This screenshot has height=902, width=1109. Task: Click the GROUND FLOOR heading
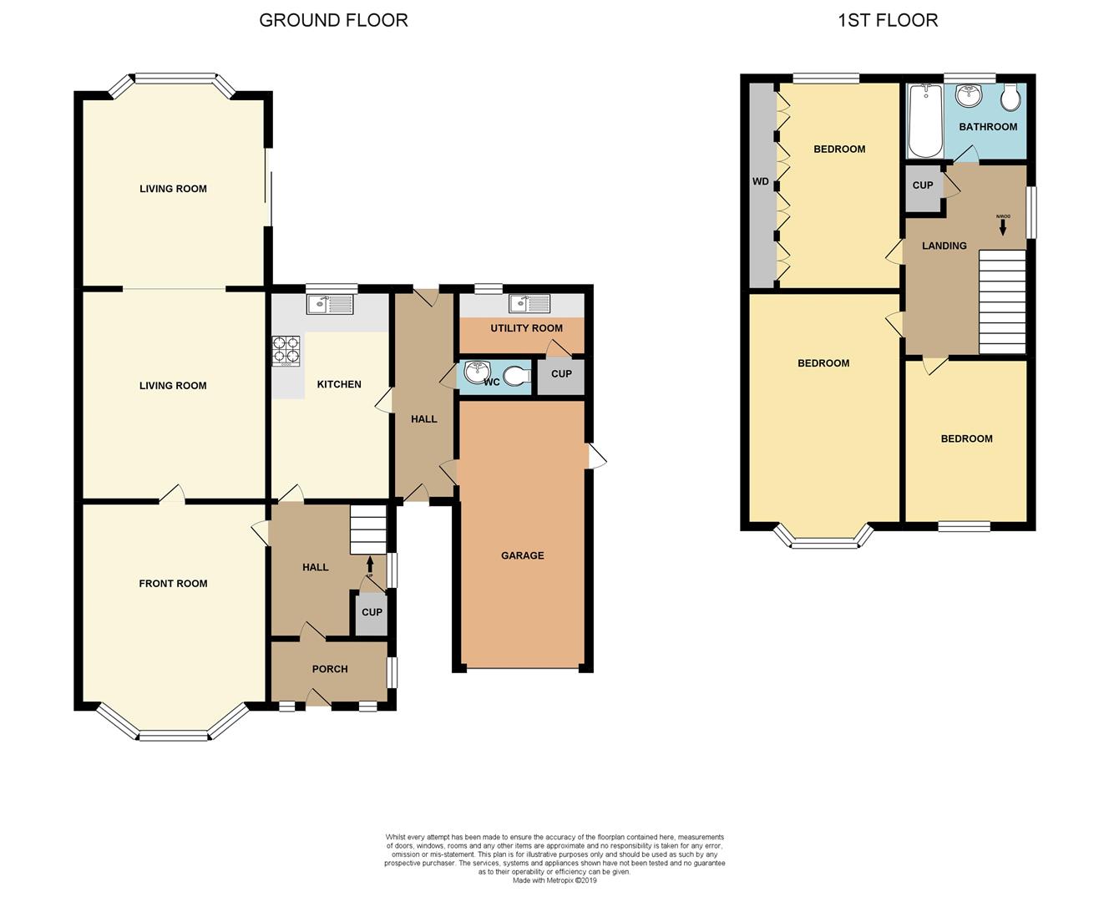pos(333,20)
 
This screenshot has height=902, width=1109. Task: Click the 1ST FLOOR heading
pos(887,20)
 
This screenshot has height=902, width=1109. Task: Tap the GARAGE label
pos(522,555)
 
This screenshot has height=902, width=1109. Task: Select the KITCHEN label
pos(339,384)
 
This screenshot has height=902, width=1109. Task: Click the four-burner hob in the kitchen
pos(286,351)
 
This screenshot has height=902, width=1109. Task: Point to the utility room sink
pos(529,305)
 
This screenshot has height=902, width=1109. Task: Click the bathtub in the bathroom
pos(924,121)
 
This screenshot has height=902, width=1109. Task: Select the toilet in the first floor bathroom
pos(1010,99)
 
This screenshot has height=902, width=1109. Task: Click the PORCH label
pos(330,669)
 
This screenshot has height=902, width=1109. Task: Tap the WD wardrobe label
pos(761,181)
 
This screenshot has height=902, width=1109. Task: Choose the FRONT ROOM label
pos(173,584)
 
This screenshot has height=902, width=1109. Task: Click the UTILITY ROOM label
pos(526,328)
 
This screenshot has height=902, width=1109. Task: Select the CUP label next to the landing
pos(923,185)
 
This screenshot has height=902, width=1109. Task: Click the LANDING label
pos(944,246)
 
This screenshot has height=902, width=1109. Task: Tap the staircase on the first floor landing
pos(1002,302)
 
